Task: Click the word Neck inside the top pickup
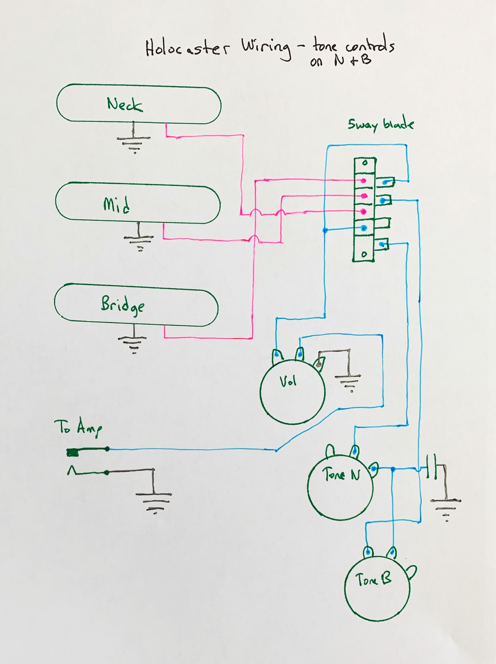pyautogui.click(x=125, y=104)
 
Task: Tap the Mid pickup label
pyautogui.click(x=117, y=205)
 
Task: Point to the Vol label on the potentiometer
pyautogui.click(x=288, y=382)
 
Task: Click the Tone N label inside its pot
pyautogui.click(x=341, y=474)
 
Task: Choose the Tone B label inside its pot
pyautogui.click(x=373, y=579)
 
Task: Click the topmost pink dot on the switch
pyautogui.click(x=364, y=181)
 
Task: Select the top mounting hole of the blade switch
pyautogui.click(x=365, y=163)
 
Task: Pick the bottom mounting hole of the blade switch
pyautogui.click(x=364, y=254)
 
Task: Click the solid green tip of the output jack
pyautogui.click(x=73, y=453)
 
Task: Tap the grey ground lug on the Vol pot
pyautogui.click(x=319, y=365)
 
